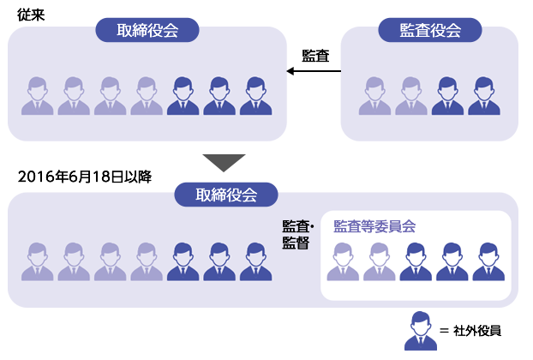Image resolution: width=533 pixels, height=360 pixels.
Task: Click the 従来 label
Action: click(x=31, y=15)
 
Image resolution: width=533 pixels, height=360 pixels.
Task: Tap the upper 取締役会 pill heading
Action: click(x=147, y=30)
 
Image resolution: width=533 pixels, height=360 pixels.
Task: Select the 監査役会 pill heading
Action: click(x=430, y=30)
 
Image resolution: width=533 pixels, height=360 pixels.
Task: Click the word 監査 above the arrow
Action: click(x=316, y=56)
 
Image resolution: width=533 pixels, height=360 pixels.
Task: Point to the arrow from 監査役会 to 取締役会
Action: click(x=314, y=71)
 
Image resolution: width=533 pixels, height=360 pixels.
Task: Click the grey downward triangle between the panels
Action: click(x=224, y=163)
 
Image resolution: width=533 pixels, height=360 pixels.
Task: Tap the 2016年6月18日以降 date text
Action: click(x=85, y=177)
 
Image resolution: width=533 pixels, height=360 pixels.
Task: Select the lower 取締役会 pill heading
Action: click(x=226, y=195)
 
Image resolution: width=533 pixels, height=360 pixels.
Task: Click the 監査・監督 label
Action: click(x=297, y=235)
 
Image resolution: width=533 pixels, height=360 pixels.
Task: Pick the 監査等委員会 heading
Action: click(x=374, y=226)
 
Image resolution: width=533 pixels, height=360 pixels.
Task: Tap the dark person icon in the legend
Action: click(x=421, y=331)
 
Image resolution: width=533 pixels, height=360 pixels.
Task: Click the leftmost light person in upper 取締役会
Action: click(x=38, y=96)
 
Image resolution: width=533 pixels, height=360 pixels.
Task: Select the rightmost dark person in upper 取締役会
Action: click(x=256, y=96)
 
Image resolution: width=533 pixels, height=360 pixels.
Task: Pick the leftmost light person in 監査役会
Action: click(x=374, y=96)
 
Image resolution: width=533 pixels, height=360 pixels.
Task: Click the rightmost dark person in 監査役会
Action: click(x=484, y=96)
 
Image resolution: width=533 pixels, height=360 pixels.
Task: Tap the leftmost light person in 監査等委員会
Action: click(x=343, y=261)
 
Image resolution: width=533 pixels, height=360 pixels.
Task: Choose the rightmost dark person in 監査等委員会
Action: click(x=488, y=261)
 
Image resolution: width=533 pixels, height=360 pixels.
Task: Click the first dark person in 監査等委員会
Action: click(x=416, y=261)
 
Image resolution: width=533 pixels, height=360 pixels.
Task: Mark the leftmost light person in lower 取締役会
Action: click(x=38, y=261)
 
